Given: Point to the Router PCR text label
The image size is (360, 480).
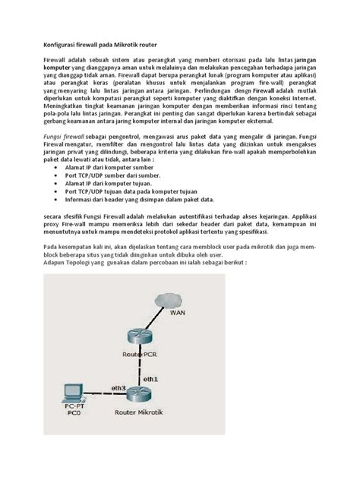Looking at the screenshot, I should tap(138, 355).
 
